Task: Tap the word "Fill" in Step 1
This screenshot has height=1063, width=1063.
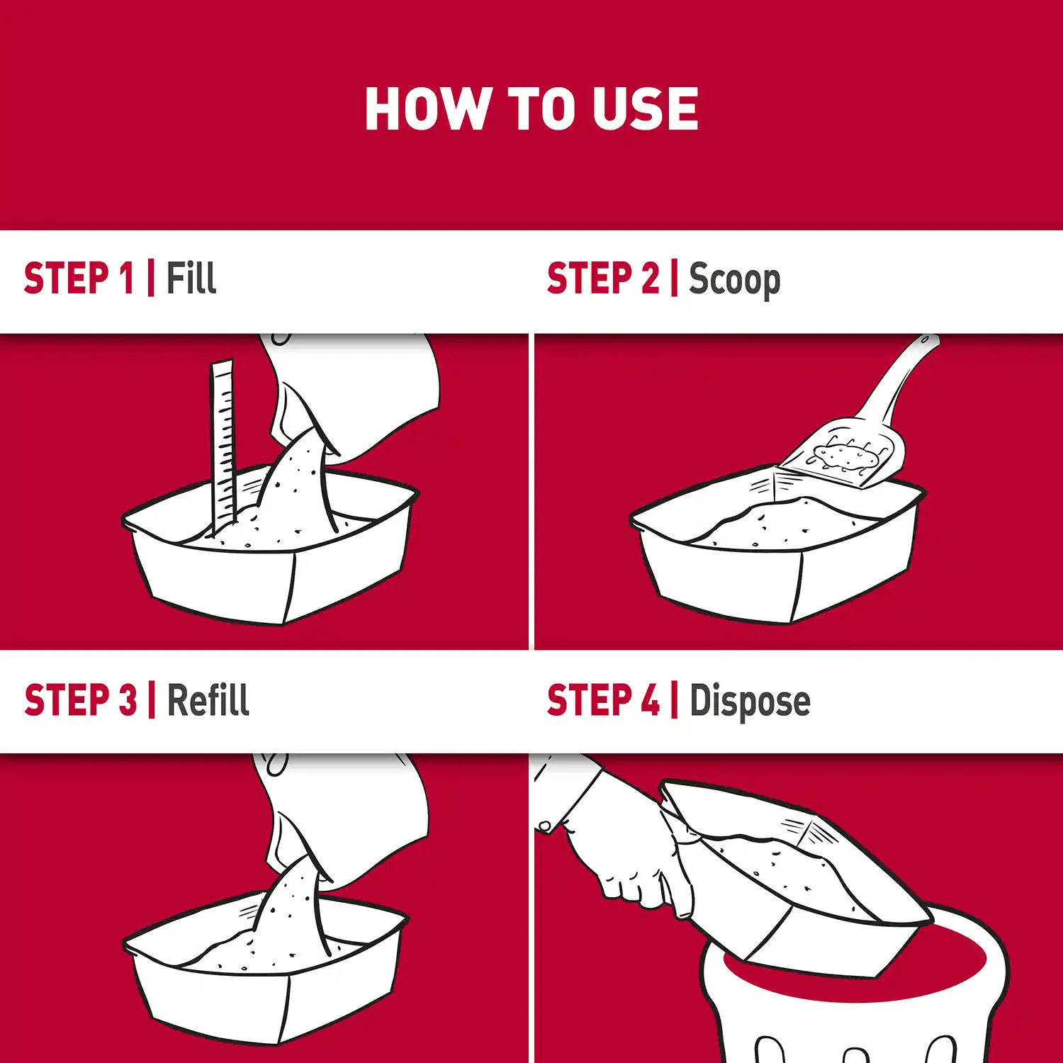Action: point(191,277)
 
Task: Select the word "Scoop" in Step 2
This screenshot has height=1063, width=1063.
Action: point(734,279)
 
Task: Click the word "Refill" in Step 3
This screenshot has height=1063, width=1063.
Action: point(208,700)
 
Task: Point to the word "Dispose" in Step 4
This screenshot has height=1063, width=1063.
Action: point(750,701)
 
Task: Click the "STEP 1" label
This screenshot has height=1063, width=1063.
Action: point(79,277)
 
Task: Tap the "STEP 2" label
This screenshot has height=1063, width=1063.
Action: point(602,277)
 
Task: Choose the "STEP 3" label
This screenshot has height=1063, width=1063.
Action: point(80,700)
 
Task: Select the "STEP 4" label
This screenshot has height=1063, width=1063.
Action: point(603,700)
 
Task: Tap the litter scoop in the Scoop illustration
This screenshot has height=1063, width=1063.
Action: point(850,446)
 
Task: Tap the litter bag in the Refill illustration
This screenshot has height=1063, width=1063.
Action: point(347,808)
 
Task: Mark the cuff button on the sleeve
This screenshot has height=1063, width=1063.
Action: point(544,826)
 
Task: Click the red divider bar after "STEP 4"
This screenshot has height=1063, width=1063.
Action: point(674,700)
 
